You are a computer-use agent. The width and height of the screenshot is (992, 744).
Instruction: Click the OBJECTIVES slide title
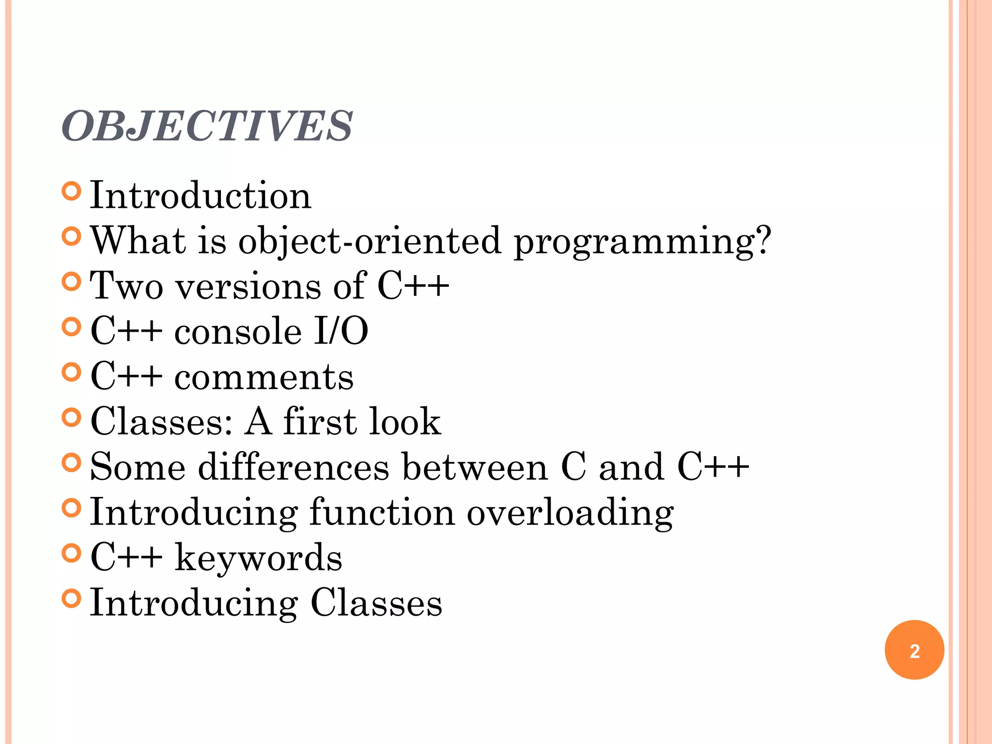pyautogui.click(x=207, y=126)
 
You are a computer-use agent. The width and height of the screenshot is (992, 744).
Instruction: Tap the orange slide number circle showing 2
pyautogui.click(x=914, y=650)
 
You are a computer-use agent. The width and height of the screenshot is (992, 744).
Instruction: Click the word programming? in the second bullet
pyautogui.click(x=642, y=241)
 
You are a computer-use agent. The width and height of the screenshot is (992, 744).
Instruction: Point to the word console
pyautogui.click(x=238, y=332)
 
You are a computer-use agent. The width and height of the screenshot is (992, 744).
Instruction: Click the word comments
pyautogui.click(x=264, y=377)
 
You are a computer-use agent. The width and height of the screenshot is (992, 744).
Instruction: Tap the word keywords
pyautogui.click(x=258, y=558)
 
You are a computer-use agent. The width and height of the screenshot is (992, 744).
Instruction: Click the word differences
pyautogui.click(x=294, y=467)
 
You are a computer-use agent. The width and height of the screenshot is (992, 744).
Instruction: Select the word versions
pyautogui.click(x=248, y=286)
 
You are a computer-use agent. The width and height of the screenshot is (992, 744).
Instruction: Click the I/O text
pyautogui.click(x=341, y=332)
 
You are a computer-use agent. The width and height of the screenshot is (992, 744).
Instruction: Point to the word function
pyautogui.click(x=382, y=512)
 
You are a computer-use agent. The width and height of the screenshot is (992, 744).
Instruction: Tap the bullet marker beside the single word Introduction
pyautogui.click(x=71, y=191)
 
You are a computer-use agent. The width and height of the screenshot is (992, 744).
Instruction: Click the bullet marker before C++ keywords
pyautogui.click(x=71, y=553)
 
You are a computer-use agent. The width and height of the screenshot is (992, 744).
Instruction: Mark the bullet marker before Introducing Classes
pyautogui.click(x=71, y=599)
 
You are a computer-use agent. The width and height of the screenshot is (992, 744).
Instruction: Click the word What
pyautogui.click(x=138, y=241)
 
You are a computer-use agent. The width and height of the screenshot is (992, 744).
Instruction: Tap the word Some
pyautogui.click(x=138, y=467)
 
